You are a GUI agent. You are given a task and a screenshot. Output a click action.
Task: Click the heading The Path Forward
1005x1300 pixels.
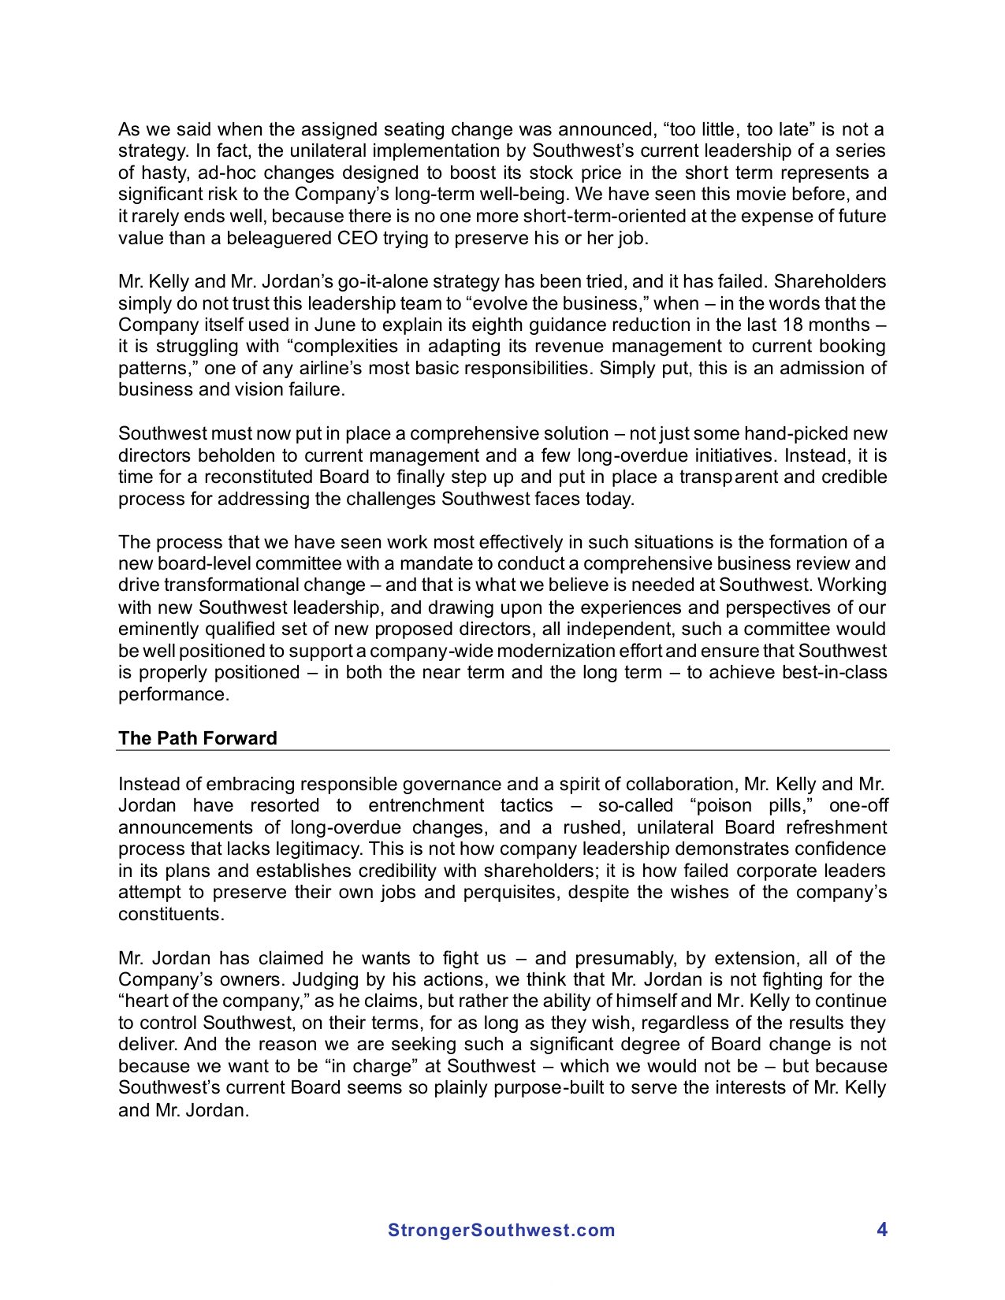pos(197,738)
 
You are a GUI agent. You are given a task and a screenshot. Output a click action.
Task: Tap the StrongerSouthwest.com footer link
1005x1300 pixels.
pos(501,1231)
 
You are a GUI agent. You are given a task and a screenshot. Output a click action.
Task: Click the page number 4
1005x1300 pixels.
pos(882,1230)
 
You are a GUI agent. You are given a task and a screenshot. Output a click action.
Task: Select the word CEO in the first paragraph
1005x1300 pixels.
pos(358,238)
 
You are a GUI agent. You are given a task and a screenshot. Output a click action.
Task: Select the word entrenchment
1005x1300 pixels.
pos(426,806)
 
